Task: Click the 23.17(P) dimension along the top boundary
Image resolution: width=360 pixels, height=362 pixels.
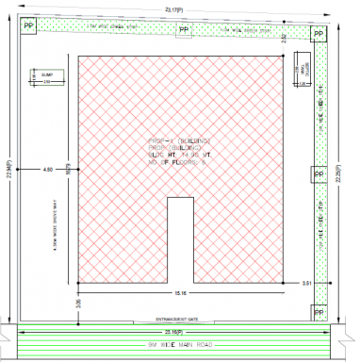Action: [179, 8]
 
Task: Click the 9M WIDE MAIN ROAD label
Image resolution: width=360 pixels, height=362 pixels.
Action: [175, 346]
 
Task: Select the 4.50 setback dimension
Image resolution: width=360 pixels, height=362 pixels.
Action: [48, 170]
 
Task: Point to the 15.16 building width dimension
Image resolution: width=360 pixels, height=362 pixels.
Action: [180, 292]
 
